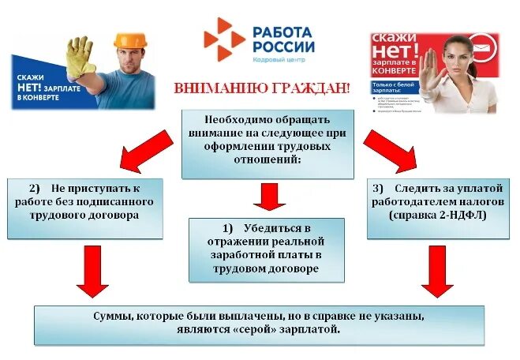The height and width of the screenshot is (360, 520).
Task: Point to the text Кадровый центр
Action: point(279,61)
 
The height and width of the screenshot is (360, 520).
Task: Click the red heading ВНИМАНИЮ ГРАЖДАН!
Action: point(263,87)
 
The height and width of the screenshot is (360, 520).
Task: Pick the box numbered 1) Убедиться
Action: point(267,249)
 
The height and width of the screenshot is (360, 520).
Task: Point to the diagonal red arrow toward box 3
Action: point(390,149)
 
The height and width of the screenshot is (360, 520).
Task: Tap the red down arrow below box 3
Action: point(435,272)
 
